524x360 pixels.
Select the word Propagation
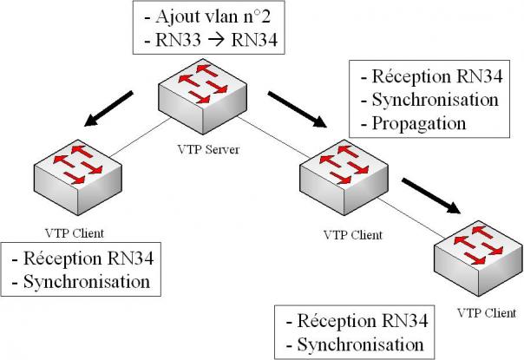pos(418,123)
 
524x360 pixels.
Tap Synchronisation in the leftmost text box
pos(86,280)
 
